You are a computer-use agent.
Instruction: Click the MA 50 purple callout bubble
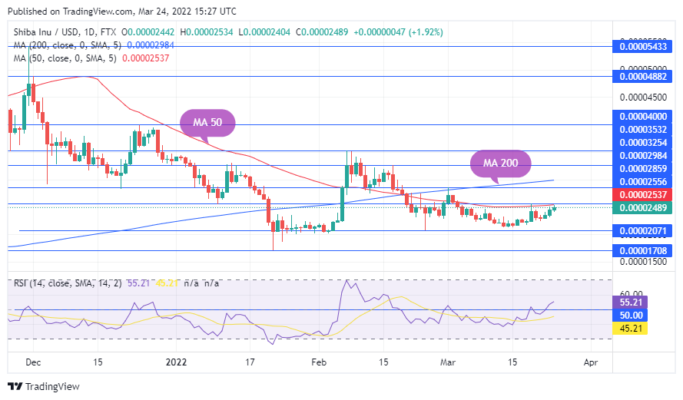pyautogui.click(x=207, y=123)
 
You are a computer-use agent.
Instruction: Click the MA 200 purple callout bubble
pyautogui.click(x=500, y=163)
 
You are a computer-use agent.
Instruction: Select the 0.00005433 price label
pyautogui.click(x=645, y=48)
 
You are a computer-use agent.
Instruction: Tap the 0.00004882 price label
pyautogui.click(x=645, y=76)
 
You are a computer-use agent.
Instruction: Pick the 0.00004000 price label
pyautogui.click(x=645, y=116)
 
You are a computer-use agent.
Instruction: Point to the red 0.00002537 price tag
pyautogui.click(x=645, y=195)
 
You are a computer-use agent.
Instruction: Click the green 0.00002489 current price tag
pyautogui.click(x=645, y=208)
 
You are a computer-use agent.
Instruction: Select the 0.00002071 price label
pyautogui.click(x=645, y=230)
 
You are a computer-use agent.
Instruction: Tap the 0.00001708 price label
pyautogui.click(x=645, y=250)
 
